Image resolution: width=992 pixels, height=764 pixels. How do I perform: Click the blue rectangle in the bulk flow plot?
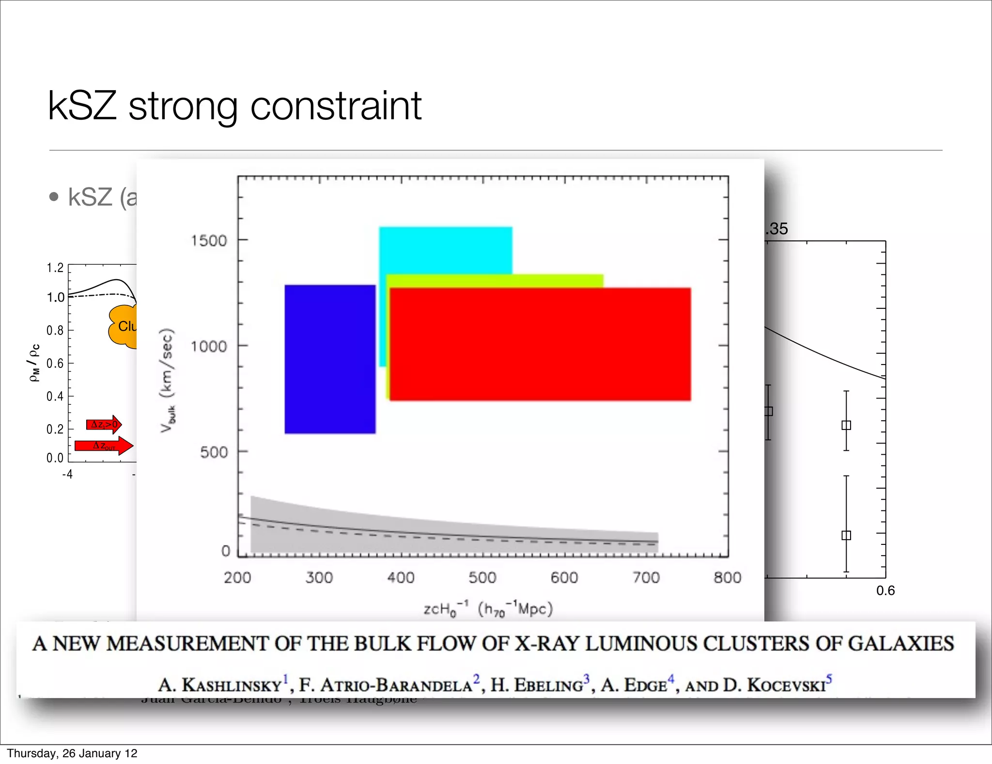(x=330, y=359)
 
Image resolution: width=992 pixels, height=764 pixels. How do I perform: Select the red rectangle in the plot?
(x=540, y=344)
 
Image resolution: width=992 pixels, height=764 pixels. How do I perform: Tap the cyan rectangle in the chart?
(x=445, y=250)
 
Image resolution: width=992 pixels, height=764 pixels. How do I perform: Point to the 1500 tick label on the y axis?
(x=209, y=240)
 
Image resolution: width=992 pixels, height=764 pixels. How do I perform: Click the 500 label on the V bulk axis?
(x=214, y=452)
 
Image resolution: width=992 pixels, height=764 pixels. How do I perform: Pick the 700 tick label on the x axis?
(x=646, y=577)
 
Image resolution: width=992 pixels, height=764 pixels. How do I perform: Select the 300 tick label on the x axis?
(x=319, y=577)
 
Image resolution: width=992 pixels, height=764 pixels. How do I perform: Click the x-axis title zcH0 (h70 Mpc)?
(x=488, y=609)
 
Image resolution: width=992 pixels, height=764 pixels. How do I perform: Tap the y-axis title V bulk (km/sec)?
(x=167, y=380)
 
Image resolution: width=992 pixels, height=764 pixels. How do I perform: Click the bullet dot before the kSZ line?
(x=54, y=197)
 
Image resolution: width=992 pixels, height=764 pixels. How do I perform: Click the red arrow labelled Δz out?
(x=104, y=446)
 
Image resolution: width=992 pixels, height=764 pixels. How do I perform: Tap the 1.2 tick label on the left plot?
(x=55, y=268)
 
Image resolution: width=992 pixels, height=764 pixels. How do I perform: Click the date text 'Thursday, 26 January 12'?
(x=72, y=753)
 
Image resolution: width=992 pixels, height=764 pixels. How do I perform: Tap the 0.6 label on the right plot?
(x=885, y=590)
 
